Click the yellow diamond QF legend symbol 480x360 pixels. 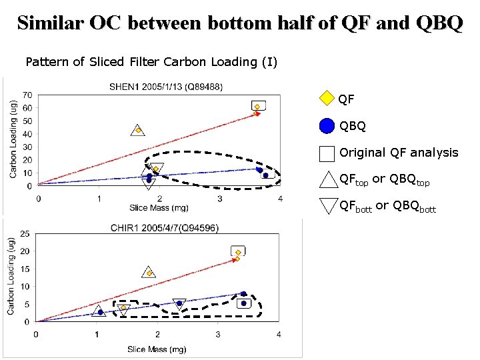(326, 99)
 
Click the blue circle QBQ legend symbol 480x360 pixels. (327, 125)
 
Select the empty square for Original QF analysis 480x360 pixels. (327, 153)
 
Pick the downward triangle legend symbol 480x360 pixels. (329, 205)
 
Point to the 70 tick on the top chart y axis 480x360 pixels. (27, 95)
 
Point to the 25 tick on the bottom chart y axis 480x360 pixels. (25, 233)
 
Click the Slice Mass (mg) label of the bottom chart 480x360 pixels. (157, 349)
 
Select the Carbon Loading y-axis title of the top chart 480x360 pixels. (13, 139)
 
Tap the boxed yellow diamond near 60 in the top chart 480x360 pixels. (258, 105)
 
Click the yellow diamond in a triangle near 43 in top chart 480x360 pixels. (138, 130)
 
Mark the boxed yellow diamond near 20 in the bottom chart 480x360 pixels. (238, 252)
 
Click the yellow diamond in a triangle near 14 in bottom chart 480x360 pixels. (149, 273)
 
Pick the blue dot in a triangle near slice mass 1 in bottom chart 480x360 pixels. (100, 312)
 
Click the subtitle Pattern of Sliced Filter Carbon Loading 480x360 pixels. (151, 62)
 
